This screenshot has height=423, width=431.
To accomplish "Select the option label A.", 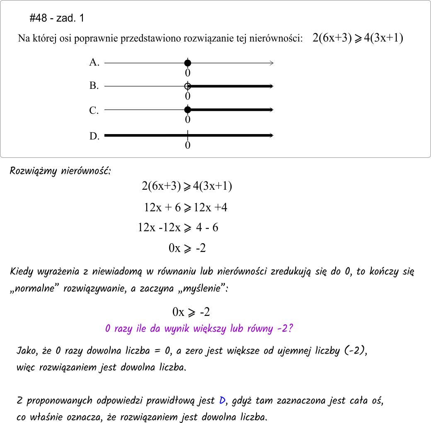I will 94,63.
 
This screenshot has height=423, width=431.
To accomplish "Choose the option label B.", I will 94,86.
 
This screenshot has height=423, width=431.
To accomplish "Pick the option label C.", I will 94,110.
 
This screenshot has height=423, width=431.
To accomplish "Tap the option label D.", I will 94,136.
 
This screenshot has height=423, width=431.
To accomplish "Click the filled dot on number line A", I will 188,63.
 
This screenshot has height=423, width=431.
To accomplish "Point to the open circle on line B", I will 187,86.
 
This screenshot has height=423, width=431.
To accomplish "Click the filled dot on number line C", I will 188,110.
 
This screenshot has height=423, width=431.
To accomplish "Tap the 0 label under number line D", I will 188,146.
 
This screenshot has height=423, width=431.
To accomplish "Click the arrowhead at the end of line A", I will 271,63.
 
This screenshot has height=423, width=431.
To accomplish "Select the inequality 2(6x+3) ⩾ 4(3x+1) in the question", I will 358,38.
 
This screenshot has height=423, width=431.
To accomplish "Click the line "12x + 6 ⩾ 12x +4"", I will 186,207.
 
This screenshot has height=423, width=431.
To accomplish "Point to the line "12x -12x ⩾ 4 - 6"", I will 178,227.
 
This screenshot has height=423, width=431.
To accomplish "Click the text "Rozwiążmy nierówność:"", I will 60,171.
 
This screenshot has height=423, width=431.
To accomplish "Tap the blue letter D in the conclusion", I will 222,401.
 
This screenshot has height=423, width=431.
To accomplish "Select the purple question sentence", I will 200,329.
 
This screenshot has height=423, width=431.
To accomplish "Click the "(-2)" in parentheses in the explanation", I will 356,351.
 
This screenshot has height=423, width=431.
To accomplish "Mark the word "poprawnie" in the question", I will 101,39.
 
